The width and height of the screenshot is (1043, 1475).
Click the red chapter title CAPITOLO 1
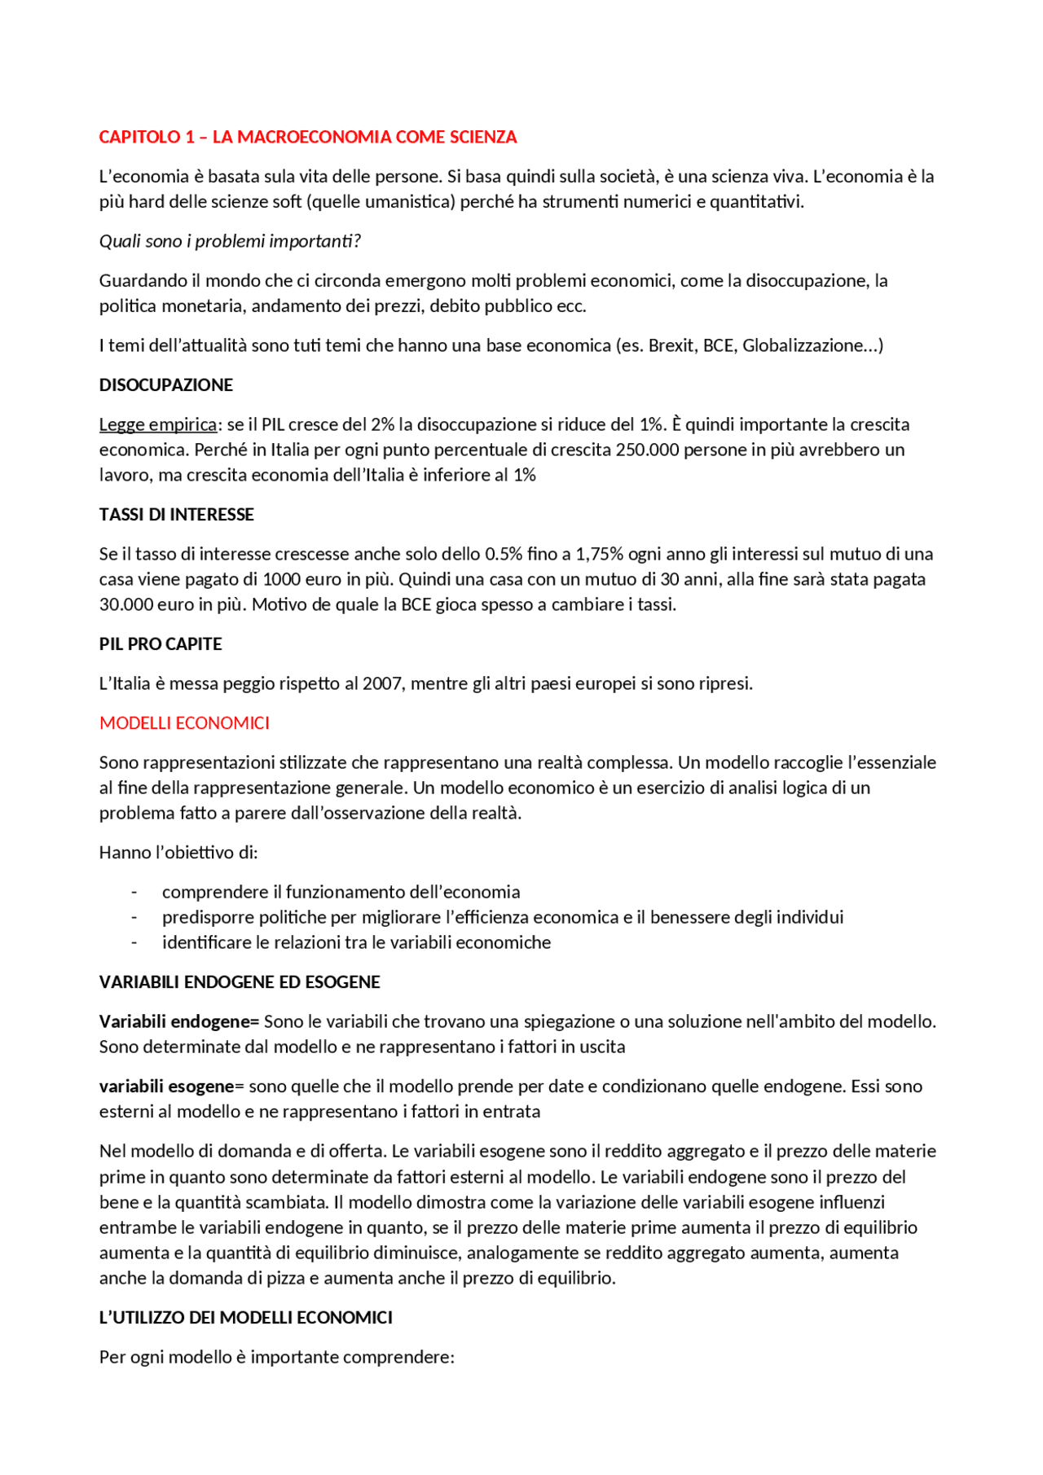click(307, 137)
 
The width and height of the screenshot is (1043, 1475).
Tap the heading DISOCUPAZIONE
click(165, 385)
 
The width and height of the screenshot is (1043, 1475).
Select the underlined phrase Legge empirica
click(158, 424)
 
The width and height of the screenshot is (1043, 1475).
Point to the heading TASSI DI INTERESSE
click(176, 515)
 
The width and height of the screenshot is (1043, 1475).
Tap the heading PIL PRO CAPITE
click(161, 644)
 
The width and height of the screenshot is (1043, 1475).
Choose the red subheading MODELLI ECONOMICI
click(184, 723)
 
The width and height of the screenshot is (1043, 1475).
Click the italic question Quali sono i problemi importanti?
click(230, 241)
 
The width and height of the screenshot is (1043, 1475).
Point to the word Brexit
click(671, 345)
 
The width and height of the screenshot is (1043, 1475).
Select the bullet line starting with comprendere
click(341, 892)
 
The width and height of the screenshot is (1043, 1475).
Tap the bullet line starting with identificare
click(356, 942)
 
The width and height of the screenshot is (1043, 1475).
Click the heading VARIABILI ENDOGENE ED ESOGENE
click(240, 982)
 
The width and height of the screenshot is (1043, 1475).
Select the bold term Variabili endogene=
click(178, 1021)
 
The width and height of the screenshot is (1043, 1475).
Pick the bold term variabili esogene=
click(171, 1086)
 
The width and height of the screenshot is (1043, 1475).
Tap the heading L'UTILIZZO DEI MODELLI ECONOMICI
click(245, 1318)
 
